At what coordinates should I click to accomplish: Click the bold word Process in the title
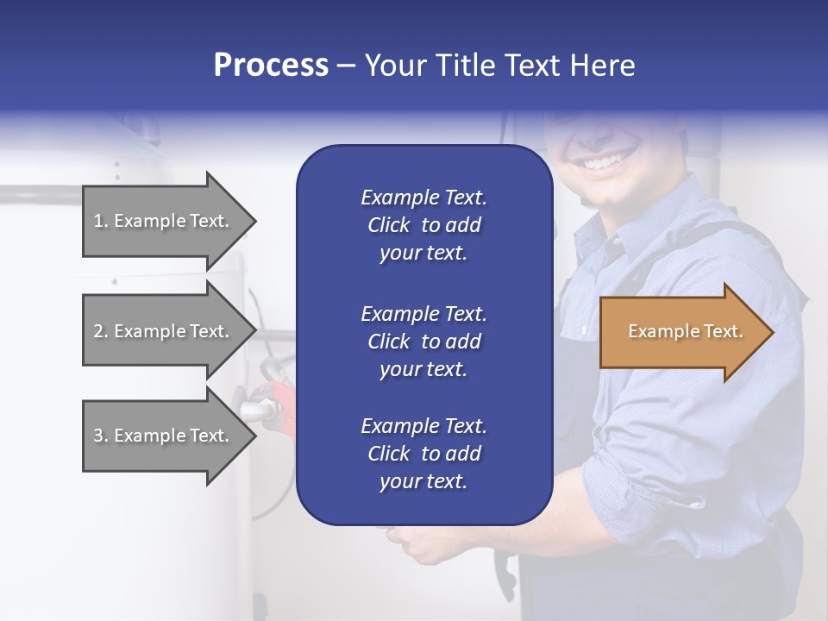(271, 66)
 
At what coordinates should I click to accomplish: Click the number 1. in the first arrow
(101, 221)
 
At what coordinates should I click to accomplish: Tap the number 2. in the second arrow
(101, 331)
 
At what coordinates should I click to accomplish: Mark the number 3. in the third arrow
(101, 436)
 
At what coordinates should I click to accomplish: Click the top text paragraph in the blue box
(423, 225)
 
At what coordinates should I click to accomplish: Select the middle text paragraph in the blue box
(423, 341)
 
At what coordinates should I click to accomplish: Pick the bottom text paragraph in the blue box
(423, 454)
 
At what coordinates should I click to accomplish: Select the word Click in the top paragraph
(388, 225)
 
